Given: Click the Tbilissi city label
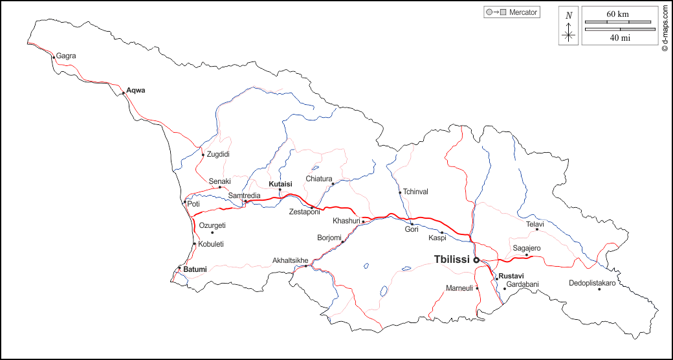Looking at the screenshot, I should [452, 260].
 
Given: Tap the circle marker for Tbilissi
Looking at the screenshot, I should [476, 260].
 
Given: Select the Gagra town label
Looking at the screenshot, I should [66, 56].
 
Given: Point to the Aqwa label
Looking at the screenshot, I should [136, 90].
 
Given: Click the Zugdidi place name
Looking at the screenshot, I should [218, 154].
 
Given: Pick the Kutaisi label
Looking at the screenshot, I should [280, 184].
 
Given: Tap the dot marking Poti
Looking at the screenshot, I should [184, 202].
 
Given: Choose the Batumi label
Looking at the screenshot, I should [195, 269].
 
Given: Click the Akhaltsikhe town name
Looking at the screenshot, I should [290, 261].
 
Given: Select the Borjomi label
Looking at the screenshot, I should [329, 238].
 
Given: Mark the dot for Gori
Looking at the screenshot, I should [412, 224].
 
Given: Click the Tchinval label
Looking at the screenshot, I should [415, 192].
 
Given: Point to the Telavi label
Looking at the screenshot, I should [535, 224].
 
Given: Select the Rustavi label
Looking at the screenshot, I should [511, 276].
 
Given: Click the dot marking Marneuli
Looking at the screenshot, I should [478, 288].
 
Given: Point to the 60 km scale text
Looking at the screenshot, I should [618, 14].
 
